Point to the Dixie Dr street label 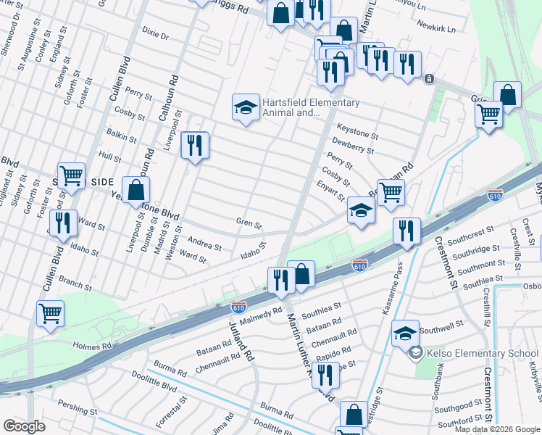point(155,34)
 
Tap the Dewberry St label point(353,150)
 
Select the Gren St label point(248,223)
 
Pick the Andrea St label point(204,245)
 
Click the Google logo point(25,426)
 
